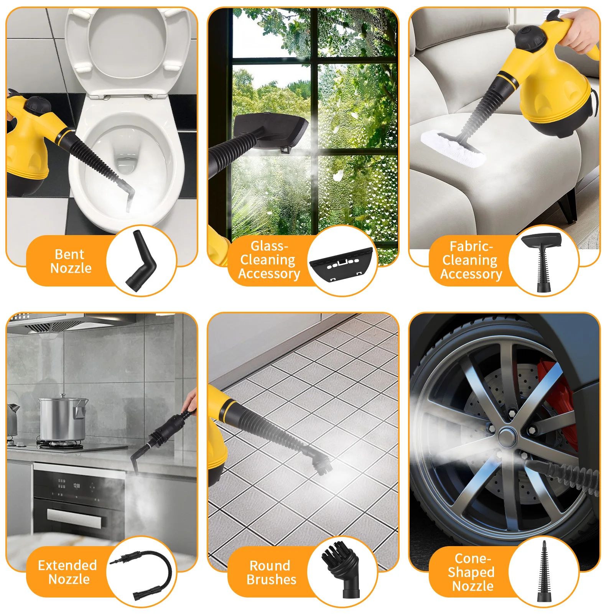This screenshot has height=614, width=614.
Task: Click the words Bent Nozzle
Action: click(71, 261)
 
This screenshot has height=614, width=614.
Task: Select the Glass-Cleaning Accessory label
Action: click(269, 260)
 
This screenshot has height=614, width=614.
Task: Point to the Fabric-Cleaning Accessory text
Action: click(471, 260)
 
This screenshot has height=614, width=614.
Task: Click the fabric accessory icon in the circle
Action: click(542, 261)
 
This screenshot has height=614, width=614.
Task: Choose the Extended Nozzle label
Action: click(68, 572)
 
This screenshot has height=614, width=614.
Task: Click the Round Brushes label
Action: click(271, 573)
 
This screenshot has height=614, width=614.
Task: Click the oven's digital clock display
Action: click(76, 486)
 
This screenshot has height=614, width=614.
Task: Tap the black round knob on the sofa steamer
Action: click(531, 37)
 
